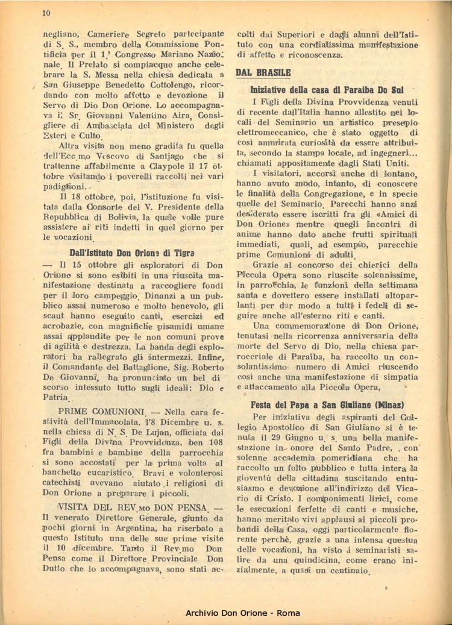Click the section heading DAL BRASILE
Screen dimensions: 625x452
pos(263,72)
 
